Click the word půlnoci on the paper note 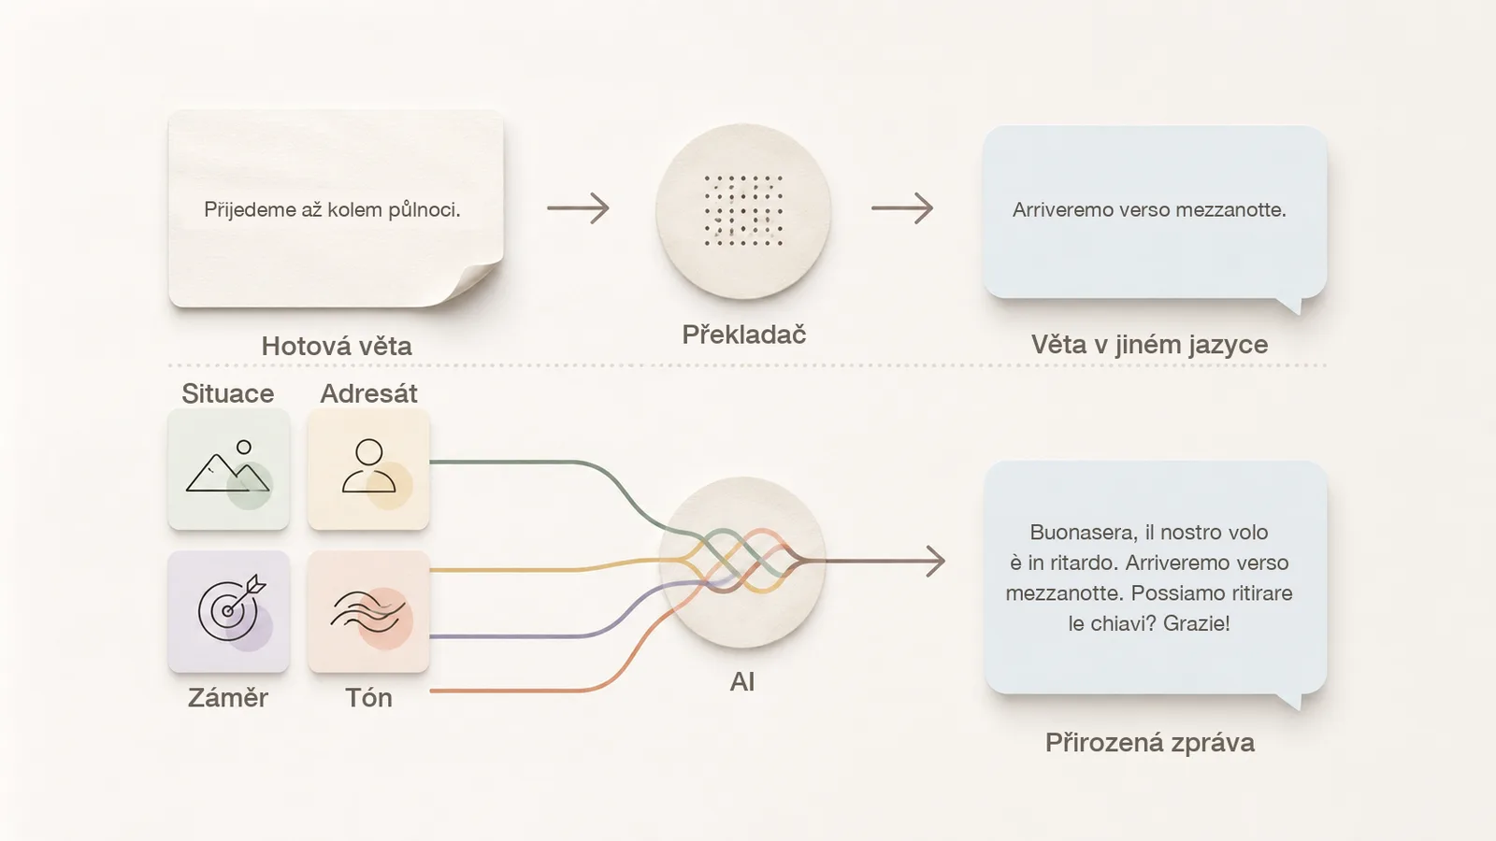[424, 209]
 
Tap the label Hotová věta [337, 346]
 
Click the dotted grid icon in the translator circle [743, 210]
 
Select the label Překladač [744, 334]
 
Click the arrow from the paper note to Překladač [579, 208]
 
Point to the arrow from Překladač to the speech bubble [902, 208]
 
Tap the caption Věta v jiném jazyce [1149, 345]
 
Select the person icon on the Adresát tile [368, 466]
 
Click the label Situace [228, 393]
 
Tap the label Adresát [368, 393]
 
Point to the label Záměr [228, 697]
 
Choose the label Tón [368, 697]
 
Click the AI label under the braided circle [742, 681]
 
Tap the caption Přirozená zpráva [1150, 742]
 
